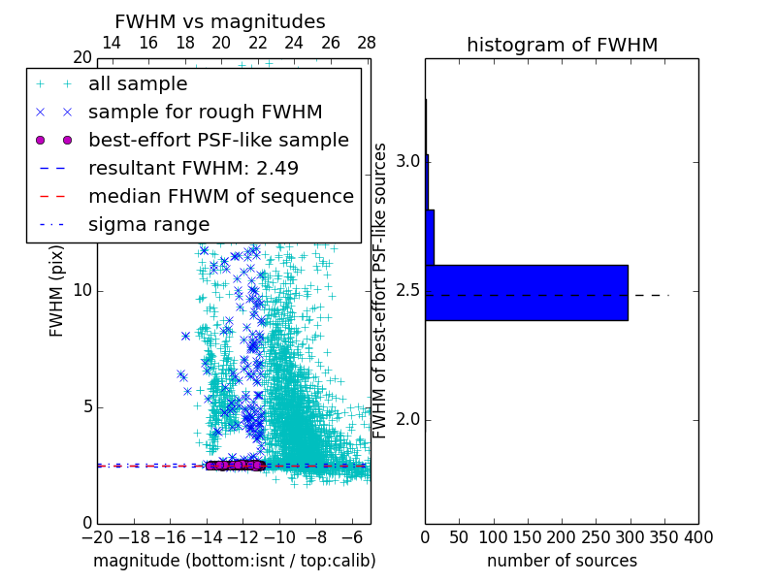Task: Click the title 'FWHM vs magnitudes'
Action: coord(220,21)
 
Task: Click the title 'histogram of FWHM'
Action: coord(562,45)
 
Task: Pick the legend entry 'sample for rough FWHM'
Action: coord(205,113)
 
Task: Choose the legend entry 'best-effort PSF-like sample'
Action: coord(218,141)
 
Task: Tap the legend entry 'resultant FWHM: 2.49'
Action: coord(193,169)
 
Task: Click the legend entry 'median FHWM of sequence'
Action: coord(220,197)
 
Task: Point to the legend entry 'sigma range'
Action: coord(148,225)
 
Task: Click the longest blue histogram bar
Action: coord(527,292)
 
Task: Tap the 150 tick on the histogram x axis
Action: coord(528,537)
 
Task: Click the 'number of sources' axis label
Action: coord(562,561)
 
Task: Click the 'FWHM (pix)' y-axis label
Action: coord(57,291)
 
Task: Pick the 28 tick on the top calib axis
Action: coord(367,43)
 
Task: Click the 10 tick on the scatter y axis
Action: coord(82,291)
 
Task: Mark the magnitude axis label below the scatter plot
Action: coord(234,561)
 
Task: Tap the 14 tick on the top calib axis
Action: coord(112,43)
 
